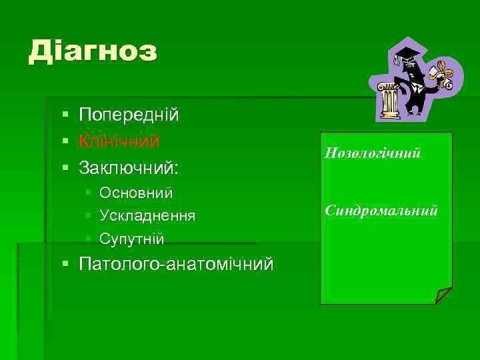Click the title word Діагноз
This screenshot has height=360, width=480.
tap(93, 51)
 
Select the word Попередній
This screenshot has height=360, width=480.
tap(129, 115)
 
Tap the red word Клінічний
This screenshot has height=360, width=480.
tap(119, 141)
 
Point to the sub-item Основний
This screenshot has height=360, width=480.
tap(136, 193)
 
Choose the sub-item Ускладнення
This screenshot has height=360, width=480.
tap(147, 216)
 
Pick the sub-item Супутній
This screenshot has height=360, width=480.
tap(131, 239)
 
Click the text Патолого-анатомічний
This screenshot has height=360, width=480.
tap(176, 265)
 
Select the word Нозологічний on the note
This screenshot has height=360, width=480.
tap(372, 153)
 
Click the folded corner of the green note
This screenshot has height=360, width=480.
tap(443, 295)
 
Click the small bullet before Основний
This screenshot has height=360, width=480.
tap(89, 193)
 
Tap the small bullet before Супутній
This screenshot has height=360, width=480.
tap(89, 239)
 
